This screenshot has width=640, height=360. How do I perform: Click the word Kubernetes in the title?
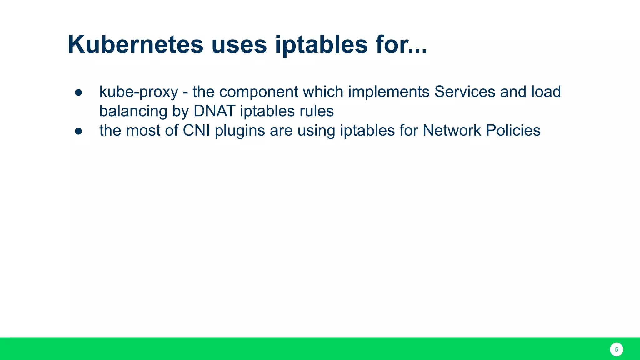coord(135,44)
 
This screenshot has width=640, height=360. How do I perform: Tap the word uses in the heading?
coord(239,44)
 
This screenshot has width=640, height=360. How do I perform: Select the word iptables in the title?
coord(321,44)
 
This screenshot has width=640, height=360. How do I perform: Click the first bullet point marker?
coord(78,92)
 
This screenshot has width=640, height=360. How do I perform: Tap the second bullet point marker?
coord(78,131)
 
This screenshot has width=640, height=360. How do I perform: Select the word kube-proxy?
coord(139,92)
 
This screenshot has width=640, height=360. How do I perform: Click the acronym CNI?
coord(196,131)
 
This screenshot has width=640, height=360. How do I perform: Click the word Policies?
coord(513,131)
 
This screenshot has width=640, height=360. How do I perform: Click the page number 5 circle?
coord(616,349)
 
